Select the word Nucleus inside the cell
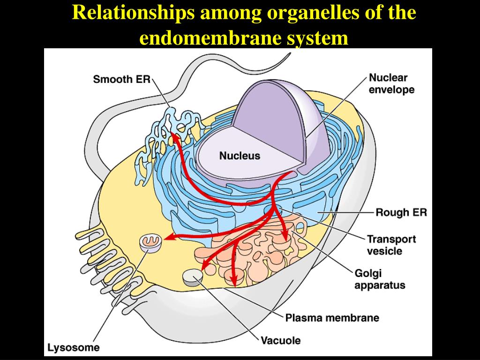click(240, 156)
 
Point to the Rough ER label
click(401, 212)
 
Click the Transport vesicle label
click(391, 245)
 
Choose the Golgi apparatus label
click(380, 279)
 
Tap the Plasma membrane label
click(332, 318)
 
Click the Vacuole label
click(280, 340)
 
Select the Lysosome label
click(74, 347)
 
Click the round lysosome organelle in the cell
click(151, 242)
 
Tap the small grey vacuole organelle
click(192, 277)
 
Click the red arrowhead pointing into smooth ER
click(173, 136)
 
